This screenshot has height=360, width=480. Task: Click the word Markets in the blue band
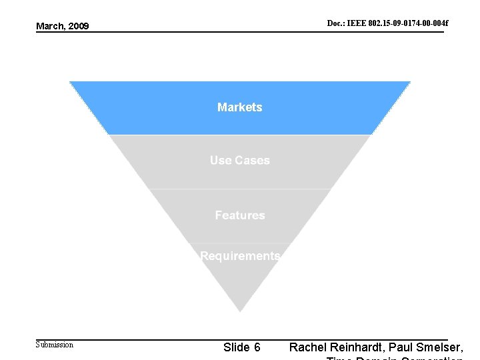(x=240, y=107)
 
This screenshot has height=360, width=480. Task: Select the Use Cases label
(x=240, y=160)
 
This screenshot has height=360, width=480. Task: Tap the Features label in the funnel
(x=240, y=215)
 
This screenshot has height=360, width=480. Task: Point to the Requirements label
(x=240, y=256)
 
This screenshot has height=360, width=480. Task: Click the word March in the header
(x=51, y=27)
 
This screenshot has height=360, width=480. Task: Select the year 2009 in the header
(x=78, y=27)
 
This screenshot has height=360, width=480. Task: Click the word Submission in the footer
(x=54, y=345)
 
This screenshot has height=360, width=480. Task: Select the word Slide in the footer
(x=237, y=347)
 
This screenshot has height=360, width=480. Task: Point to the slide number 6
(x=257, y=347)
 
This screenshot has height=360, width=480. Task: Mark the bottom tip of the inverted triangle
(x=240, y=311)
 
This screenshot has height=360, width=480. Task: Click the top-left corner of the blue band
(x=70, y=82)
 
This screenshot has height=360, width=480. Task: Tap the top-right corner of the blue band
(x=410, y=82)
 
